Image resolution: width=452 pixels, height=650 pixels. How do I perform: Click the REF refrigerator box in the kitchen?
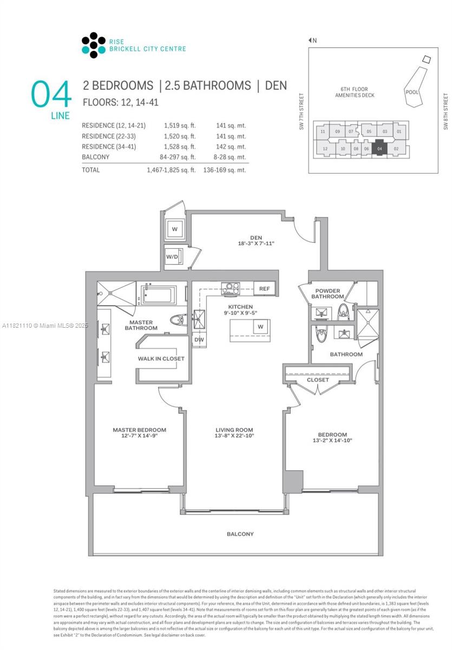point(264,289)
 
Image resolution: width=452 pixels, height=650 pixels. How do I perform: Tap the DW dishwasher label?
point(198,340)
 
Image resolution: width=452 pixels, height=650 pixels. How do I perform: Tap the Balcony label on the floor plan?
point(240,534)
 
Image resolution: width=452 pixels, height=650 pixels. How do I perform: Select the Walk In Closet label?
point(161,359)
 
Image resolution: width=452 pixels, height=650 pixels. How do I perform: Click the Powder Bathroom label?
point(327,294)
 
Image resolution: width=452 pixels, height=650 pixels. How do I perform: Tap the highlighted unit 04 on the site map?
point(379,148)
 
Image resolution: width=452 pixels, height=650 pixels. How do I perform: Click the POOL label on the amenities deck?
point(411,92)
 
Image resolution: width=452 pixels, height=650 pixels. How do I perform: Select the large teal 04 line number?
point(51,95)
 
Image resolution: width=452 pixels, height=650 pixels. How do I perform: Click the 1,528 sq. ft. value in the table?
point(179,147)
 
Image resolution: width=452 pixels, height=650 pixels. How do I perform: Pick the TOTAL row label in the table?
point(91,170)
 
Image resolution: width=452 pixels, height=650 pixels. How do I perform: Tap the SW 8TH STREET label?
point(446,112)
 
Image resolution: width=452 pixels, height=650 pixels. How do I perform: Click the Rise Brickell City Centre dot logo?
point(93,45)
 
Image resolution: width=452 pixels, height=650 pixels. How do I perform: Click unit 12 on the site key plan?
point(325,149)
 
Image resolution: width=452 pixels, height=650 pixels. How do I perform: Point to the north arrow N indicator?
point(312,40)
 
